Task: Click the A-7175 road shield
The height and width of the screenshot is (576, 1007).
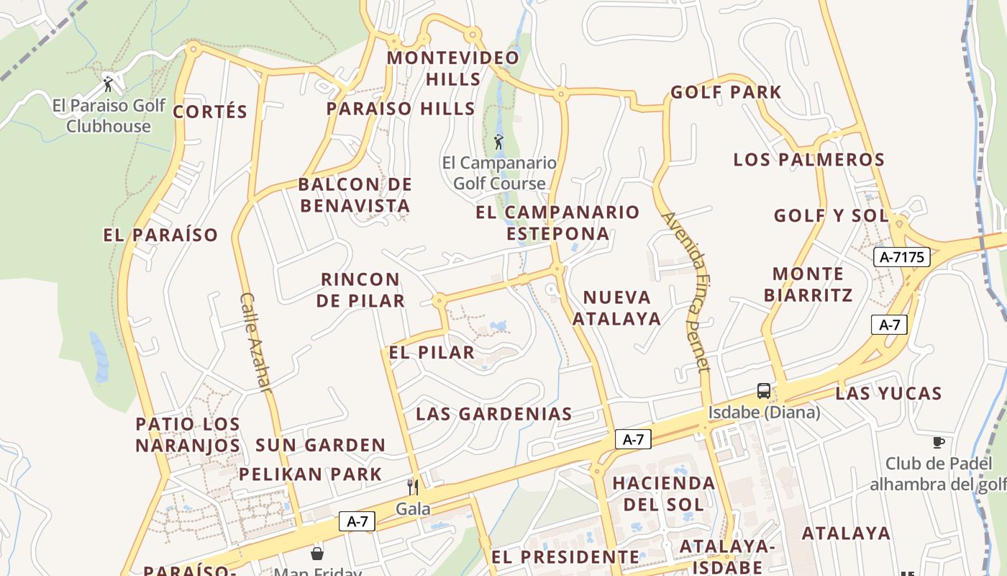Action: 902,257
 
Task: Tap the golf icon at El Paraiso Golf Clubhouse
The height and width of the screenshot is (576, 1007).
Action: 109,84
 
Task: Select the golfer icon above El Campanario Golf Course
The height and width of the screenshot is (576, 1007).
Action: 498,141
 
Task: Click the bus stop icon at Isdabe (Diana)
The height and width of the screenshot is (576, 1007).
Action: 764,391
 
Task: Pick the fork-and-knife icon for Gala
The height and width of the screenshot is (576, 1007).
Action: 413,487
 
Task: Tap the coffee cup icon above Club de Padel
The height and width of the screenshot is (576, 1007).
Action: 938,441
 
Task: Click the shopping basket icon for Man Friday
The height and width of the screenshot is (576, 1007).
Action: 316,554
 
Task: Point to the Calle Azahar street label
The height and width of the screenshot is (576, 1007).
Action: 256,342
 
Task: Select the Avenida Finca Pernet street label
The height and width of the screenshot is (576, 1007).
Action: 685,292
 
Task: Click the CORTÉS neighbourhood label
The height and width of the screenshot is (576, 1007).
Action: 210,112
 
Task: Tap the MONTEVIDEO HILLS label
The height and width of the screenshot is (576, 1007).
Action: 453,68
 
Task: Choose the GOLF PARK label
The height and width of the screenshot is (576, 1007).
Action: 726,92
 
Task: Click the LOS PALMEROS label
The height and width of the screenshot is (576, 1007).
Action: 808,159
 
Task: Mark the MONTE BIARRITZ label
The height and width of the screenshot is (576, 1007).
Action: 808,284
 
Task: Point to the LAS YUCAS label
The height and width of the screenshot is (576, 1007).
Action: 888,393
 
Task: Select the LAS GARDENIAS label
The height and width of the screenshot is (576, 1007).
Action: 494,414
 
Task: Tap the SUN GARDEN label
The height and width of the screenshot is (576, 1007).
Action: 321,445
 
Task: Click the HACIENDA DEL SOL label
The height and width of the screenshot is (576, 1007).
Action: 664,493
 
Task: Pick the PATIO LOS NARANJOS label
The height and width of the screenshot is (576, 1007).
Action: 188,434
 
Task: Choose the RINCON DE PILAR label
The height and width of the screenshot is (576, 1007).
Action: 360,289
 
